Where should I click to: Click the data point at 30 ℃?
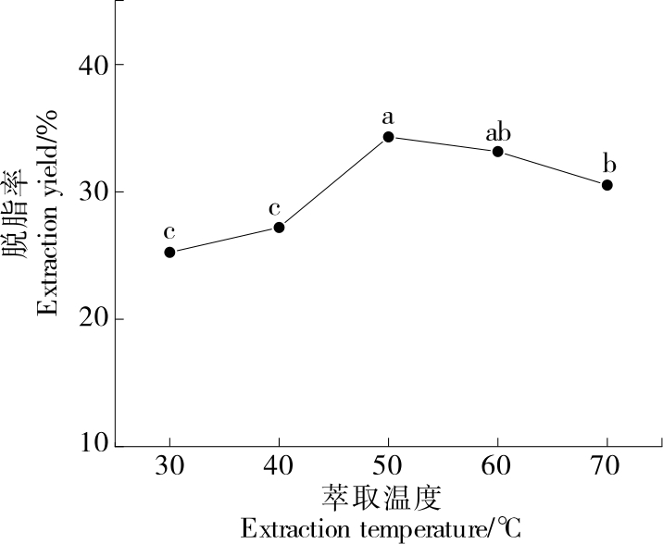click(x=169, y=252)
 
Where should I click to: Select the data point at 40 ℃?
click(x=279, y=227)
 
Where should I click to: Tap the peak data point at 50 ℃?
click(x=389, y=137)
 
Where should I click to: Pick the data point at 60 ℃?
click(x=498, y=151)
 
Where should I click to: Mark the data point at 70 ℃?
click(x=607, y=185)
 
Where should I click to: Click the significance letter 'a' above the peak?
click(x=389, y=117)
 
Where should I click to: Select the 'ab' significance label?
click(x=498, y=132)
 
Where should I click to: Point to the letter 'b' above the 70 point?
click(x=608, y=165)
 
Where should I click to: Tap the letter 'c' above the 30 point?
click(x=169, y=232)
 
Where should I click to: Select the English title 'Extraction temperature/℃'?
click(x=381, y=529)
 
